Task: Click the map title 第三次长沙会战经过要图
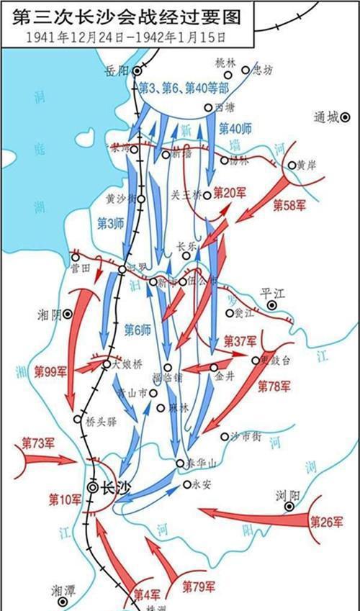click(x=122, y=15)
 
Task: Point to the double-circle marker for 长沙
click(x=93, y=486)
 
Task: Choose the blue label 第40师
click(x=235, y=129)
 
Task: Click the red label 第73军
click(x=38, y=441)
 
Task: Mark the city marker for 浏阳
click(x=289, y=507)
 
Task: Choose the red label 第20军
click(x=231, y=194)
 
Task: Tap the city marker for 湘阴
click(x=68, y=314)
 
